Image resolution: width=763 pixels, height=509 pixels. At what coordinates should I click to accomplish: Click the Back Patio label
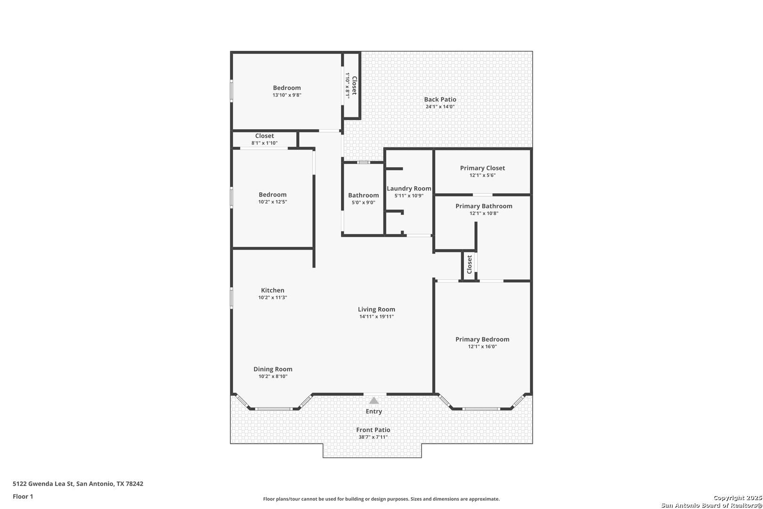pyautogui.click(x=440, y=99)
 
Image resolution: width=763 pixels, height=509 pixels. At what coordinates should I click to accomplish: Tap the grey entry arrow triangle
pyautogui.click(x=373, y=401)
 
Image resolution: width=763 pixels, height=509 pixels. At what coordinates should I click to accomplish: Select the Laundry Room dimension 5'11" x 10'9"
pyautogui.click(x=409, y=196)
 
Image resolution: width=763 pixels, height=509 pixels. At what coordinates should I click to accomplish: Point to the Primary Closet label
pyautogui.click(x=482, y=168)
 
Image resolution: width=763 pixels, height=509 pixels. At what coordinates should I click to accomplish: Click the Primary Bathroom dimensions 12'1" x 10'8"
pyautogui.click(x=484, y=213)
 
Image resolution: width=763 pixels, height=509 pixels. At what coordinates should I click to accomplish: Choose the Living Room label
pyautogui.click(x=376, y=309)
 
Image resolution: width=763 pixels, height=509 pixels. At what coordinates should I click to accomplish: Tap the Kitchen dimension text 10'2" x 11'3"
pyautogui.click(x=273, y=298)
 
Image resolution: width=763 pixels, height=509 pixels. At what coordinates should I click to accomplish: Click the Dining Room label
pyautogui.click(x=273, y=369)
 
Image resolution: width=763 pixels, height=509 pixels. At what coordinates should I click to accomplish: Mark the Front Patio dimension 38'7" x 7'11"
pyautogui.click(x=373, y=437)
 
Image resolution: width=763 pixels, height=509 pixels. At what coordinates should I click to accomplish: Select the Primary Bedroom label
pyautogui.click(x=482, y=339)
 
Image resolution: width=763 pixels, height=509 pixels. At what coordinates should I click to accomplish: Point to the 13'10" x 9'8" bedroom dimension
pyautogui.click(x=287, y=95)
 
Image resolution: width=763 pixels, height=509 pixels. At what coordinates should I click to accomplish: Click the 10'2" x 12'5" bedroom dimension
pyautogui.click(x=273, y=202)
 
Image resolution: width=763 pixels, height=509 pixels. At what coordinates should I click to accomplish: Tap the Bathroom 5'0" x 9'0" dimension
pyautogui.click(x=364, y=203)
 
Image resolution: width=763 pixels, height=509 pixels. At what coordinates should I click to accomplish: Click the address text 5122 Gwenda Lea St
pyautogui.click(x=43, y=484)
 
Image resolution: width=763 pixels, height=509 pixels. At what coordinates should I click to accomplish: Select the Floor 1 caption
pyautogui.click(x=23, y=496)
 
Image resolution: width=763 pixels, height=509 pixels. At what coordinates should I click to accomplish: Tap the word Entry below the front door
pyautogui.click(x=373, y=411)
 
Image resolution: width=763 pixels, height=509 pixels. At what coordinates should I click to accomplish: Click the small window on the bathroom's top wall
pyautogui.click(x=364, y=162)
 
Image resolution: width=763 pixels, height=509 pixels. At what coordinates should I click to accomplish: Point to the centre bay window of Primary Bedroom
pyautogui.click(x=481, y=409)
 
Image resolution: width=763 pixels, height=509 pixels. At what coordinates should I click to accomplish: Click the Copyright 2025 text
pyautogui.click(x=738, y=498)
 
